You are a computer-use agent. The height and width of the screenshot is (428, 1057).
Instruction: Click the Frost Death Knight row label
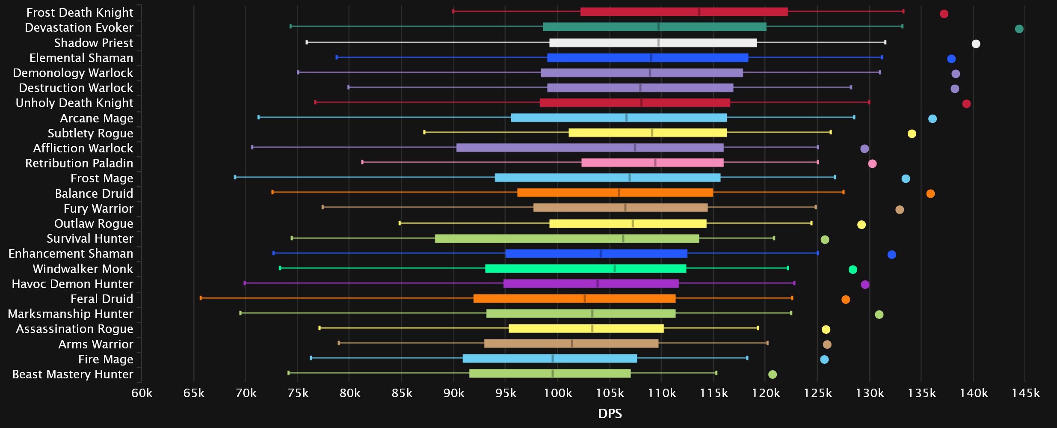pyautogui.click(x=80, y=13)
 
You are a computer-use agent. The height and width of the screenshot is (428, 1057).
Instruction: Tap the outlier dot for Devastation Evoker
pyautogui.click(x=1019, y=29)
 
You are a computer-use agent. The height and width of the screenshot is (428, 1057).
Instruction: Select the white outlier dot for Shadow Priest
pyautogui.click(x=976, y=44)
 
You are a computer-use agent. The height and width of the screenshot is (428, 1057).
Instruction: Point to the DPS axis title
pyautogui.click(x=610, y=413)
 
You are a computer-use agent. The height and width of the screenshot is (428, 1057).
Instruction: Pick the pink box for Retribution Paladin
pyautogui.click(x=652, y=163)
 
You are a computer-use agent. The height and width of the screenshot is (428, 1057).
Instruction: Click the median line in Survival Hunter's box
pyautogui.click(x=623, y=239)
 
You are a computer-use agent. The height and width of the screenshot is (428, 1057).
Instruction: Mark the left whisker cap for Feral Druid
pyautogui.click(x=201, y=298)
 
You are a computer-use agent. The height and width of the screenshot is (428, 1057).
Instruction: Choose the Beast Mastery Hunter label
pyautogui.click(x=73, y=374)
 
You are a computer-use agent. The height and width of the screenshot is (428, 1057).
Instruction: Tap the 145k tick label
pyautogui.click(x=1025, y=393)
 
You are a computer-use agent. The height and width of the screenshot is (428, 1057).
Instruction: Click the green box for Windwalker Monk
pyautogui.click(x=586, y=269)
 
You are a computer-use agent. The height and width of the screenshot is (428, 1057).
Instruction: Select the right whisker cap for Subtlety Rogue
pyautogui.click(x=831, y=132)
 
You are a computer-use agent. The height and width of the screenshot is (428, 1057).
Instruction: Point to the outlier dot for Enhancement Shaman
pyautogui.click(x=891, y=255)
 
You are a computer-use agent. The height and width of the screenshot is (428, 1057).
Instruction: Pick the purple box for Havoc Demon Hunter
pyautogui.click(x=591, y=284)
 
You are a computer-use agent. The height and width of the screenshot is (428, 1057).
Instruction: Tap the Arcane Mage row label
pyautogui.click(x=97, y=119)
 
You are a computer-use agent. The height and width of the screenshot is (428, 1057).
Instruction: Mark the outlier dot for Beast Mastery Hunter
pyautogui.click(x=772, y=374)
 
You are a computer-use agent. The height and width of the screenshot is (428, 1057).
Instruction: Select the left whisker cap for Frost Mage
pyautogui.click(x=235, y=177)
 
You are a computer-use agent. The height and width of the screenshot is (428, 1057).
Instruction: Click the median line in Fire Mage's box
pyautogui.click(x=552, y=359)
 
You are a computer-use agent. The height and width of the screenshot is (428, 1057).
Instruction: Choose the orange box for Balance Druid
pyautogui.click(x=615, y=193)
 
